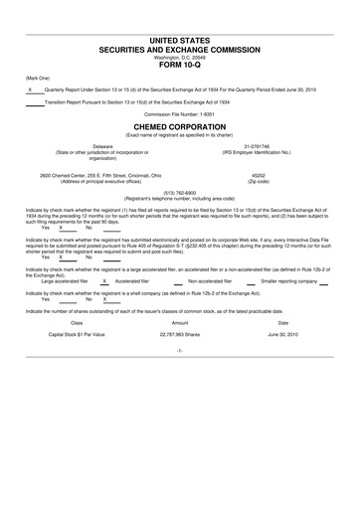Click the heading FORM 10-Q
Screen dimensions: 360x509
click(179, 66)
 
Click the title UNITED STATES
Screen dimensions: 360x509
click(179, 41)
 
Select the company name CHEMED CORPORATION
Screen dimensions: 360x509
click(179, 127)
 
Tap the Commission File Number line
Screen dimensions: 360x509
click(179, 113)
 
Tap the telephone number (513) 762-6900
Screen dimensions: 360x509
click(179, 193)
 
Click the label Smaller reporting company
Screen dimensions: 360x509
click(295, 281)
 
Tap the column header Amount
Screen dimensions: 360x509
click(180, 322)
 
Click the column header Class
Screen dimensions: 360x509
click(77, 322)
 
